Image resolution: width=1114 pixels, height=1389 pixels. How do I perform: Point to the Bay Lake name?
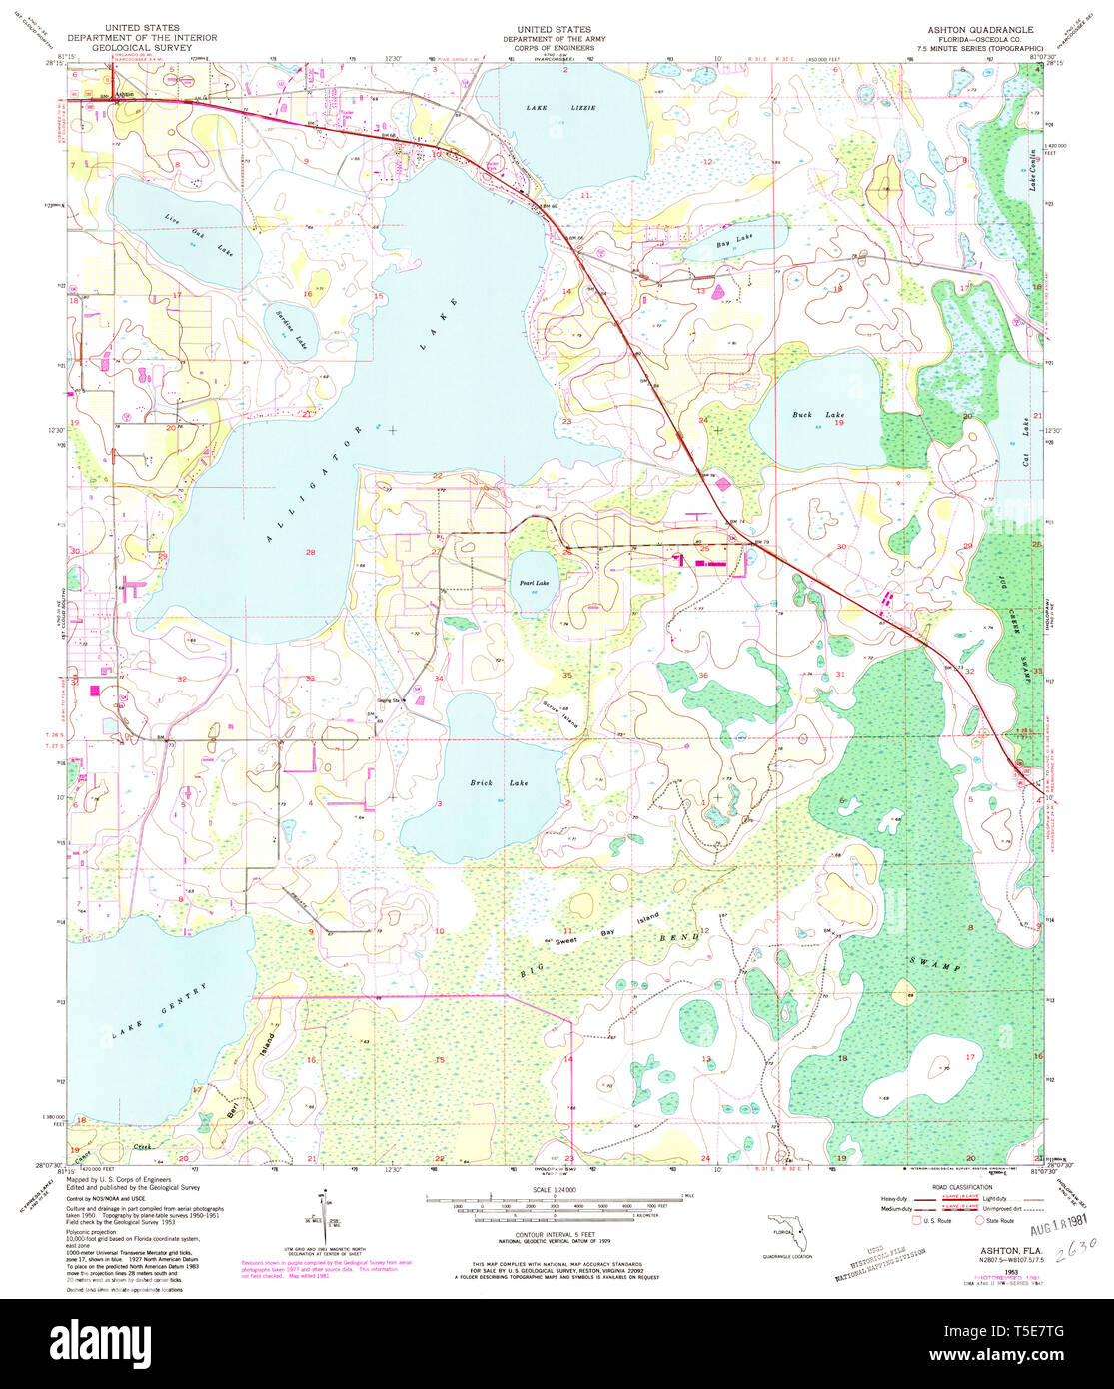point(734,241)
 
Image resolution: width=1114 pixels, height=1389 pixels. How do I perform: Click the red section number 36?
point(702,676)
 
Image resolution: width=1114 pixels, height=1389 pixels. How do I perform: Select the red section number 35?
point(566,676)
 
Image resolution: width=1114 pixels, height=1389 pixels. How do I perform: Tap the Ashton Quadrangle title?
point(966,30)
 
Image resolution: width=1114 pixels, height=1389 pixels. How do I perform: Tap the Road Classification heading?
point(963,1187)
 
